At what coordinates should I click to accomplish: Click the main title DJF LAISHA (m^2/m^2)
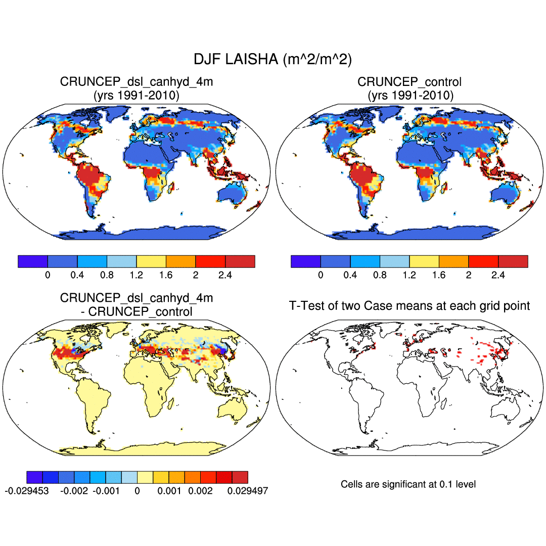pyautogui.click(x=272, y=59)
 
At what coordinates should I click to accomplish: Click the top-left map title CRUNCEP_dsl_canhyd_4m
pyautogui.click(x=136, y=82)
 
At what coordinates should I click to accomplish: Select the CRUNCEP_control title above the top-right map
pyautogui.click(x=409, y=82)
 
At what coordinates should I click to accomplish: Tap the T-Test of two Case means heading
pyautogui.click(x=409, y=305)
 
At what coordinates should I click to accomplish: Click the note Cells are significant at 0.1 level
pyautogui.click(x=408, y=484)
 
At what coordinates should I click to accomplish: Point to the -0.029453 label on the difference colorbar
pyautogui.click(x=26, y=490)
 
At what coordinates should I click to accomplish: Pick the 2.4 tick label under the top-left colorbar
pyautogui.click(x=225, y=275)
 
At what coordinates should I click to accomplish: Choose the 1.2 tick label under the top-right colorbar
pyautogui.click(x=409, y=275)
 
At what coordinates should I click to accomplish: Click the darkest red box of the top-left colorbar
pyautogui.click(x=240, y=261)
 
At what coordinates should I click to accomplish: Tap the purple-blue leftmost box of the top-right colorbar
pyautogui.click(x=306, y=261)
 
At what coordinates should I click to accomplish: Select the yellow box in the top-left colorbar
pyautogui.click(x=151, y=261)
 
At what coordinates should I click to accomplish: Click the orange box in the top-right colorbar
pyautogui.click(x=454, y=261)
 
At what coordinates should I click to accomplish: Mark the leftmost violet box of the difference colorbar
pyautogui.click(x=34, y=477)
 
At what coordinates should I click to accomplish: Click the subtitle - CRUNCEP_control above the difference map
pyautogui.click(x=136, y=311)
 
